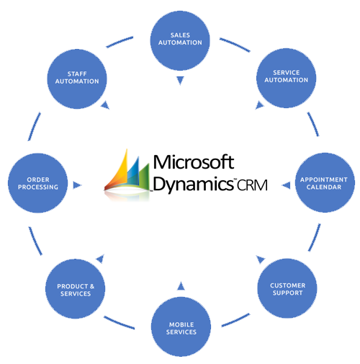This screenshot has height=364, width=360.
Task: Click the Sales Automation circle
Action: pos(180,40)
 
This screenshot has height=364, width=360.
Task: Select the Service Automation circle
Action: pos(286,78)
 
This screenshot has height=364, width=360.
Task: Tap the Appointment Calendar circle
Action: pos(325,182)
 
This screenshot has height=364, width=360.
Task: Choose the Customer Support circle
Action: pos(287,288)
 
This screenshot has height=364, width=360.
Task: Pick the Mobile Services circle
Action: pos(181,327)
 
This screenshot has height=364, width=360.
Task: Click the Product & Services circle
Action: pos(75,289)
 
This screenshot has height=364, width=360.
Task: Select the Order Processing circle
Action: pos(37,183)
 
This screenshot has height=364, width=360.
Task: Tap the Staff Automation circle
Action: pos(77,79)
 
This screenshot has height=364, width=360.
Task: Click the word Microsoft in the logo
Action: pos(194,162)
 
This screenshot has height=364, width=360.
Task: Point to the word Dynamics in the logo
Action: pos(194,185)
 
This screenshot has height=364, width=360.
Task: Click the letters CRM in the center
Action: pos(252,185)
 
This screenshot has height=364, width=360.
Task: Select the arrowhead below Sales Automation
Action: pos(180,80)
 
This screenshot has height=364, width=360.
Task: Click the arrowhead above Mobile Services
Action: pos(181,286)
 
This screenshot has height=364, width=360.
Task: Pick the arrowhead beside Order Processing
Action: pos(77,185)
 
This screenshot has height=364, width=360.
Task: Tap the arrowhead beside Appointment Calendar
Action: pos(286,185)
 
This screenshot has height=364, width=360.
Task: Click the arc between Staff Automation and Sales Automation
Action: pos(120,42)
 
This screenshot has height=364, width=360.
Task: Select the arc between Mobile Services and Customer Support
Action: pos(235,320)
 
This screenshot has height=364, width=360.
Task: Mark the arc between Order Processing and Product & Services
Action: pos(35,241)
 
